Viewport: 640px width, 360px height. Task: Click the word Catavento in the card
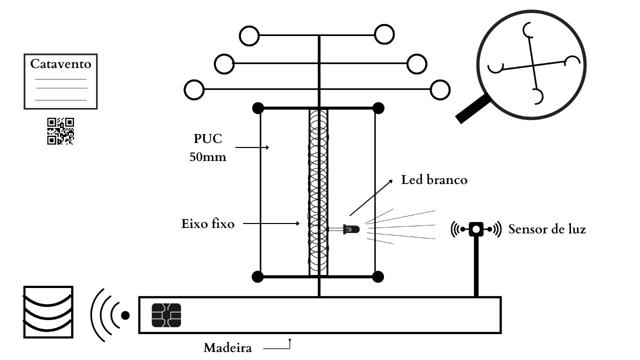click(60, 64)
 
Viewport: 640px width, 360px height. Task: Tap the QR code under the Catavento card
click(60, 131)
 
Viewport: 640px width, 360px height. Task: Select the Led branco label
click(434, 180)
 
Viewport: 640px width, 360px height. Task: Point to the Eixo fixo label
click(207, 223)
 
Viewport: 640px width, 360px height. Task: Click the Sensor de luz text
click(547, 229)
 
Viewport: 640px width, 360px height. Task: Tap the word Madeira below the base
click(227, 347)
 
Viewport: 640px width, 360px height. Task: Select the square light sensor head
click(476, 229)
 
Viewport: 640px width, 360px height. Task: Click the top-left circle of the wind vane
click(249, 35)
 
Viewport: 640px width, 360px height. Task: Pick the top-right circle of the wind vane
click(384, 34)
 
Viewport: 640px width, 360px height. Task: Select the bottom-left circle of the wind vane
click(194, 90)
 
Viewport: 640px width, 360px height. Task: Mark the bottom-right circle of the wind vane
click(440, 90)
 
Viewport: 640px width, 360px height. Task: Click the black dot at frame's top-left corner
click(258, 107)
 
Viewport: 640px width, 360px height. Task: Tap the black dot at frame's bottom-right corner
click(378, 276)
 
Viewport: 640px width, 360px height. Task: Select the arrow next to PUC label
click(252, 147)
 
